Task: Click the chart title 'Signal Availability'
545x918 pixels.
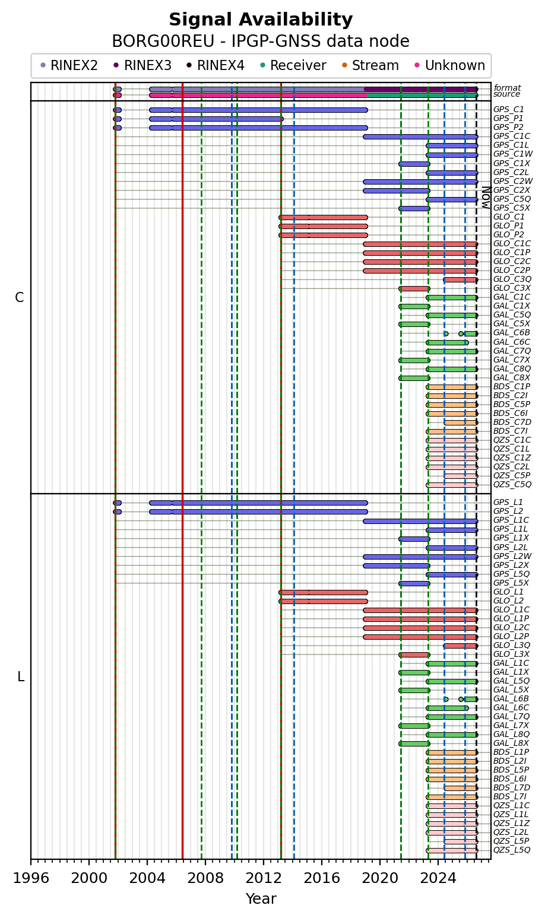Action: pyautogui.click(x=261, y=19)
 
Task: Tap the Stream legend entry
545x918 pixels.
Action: pyautogui.click(x=370, y=65)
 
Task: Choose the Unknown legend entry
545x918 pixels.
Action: pyautogui.click(x=450, y=65)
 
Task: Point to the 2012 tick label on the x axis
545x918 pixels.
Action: pyautogui.click(x=264, y=878)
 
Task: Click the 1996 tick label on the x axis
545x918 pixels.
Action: pyautogui.click(x=31, y=878)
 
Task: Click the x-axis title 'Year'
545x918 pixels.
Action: pyautogui.click(x=261, y=899)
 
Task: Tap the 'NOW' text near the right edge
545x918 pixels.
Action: pyautogui.click(x=486, y=198)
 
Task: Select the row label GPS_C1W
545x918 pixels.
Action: pyautogui.click(x=512, y=154)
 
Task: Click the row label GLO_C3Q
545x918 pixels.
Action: pyautogui.click(x=512, y=279)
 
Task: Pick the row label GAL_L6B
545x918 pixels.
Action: pyautogui.click(x=511, y=699)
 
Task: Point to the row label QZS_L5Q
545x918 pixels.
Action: pyautogui.click(x=512, y=850)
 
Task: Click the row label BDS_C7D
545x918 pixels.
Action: pyautogui.click(x=512, y=422)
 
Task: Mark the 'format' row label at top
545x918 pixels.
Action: pyautogui.click(x=507, y=88)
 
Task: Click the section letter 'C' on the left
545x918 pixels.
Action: pyautogui.click(x=19, y=297)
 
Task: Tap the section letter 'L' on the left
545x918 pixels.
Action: pyautogui.click(x=21, y=677)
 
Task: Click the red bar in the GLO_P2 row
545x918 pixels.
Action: pyautogui.click(x=323, y=235)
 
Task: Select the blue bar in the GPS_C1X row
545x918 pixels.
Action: pyautogui.click(x=414, y=164)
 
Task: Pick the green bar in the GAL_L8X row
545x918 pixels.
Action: pyautogui.click(x=414, y=744)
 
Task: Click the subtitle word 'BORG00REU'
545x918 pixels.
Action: pyautogui.click(x=163, y=42)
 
